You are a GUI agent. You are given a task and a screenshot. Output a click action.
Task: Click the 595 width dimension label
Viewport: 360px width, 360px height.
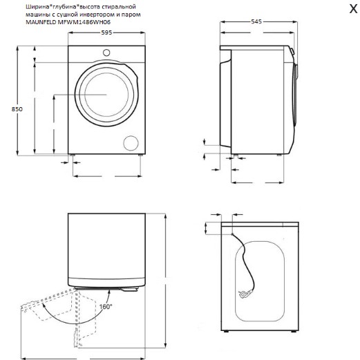tap(106, 32)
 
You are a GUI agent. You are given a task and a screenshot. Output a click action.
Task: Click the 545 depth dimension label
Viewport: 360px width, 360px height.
tap(256, 21)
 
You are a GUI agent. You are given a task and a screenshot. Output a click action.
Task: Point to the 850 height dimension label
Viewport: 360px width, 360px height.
tap(17, 109)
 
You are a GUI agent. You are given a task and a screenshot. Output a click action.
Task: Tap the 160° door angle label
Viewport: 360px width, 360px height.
tap(106, 307)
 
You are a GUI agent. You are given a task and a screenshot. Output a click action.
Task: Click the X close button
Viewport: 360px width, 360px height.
tap(353, 9)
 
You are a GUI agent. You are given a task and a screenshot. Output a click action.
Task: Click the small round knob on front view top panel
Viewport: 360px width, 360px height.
tap(106, 53)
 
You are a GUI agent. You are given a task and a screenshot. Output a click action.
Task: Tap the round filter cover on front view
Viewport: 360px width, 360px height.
tap(131, 143)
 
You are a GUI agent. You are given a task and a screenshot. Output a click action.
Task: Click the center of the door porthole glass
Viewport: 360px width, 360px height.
tap(106, 95)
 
